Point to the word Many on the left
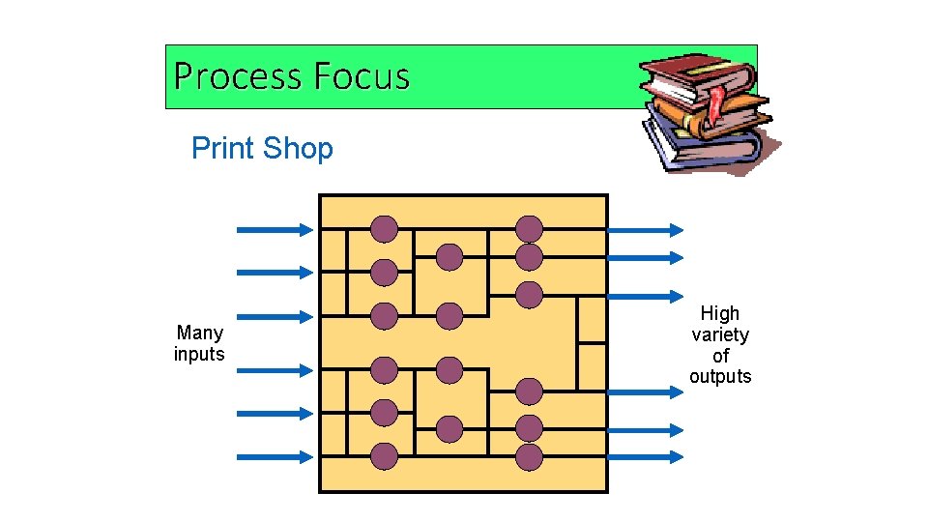tap(200, 333)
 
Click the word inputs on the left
tap(199, 355)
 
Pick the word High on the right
tap(720, 313)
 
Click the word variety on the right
tap(720, 334)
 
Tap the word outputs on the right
tap(720, 376)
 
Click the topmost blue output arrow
tap(645, 230)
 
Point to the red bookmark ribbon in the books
tap(716, 102)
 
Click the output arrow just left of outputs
tap(645, 391)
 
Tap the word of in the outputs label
tap(721, 356)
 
